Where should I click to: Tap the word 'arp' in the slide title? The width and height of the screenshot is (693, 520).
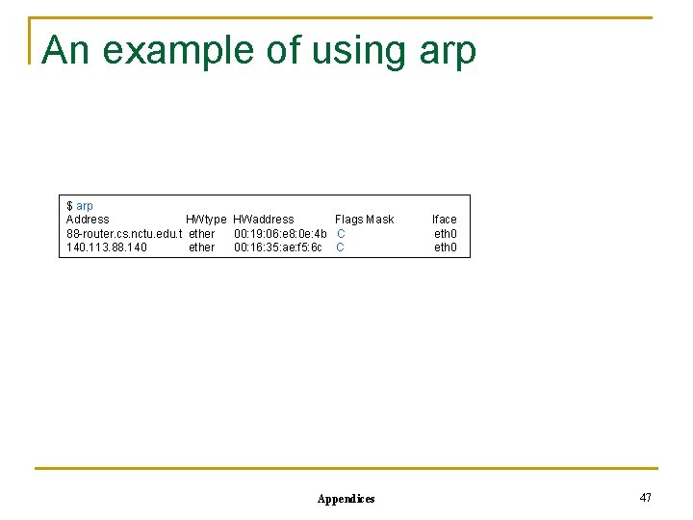(448, 52)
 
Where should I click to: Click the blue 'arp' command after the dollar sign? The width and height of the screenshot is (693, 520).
(85, 206)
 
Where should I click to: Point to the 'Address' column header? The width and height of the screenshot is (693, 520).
(88, 220)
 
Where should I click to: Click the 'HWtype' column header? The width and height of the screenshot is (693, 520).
(206, 220)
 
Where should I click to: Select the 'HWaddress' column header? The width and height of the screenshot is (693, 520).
(264, 220)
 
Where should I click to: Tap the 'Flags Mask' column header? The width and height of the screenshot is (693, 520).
(364, 220)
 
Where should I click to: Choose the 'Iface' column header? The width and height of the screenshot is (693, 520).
(445, 220)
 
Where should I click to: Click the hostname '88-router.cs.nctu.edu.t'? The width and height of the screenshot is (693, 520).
(124, 234)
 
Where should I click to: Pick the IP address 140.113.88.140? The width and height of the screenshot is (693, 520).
(107, 247)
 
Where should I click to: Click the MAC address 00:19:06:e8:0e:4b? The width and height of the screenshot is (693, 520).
(280, 234)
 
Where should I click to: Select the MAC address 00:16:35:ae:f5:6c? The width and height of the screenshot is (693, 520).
(278, 247)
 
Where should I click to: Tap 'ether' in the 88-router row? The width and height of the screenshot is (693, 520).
(202, 234)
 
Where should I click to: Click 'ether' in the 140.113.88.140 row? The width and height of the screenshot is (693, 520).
(202, 247)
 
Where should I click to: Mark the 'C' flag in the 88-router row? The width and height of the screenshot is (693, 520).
(341, 234)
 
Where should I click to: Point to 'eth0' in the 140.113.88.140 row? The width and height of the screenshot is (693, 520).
(446, 247)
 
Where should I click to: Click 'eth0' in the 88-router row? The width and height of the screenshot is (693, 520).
(446, 234)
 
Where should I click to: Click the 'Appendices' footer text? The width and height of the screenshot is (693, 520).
(346, 499)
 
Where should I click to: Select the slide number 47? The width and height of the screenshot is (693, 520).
(645, 497)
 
